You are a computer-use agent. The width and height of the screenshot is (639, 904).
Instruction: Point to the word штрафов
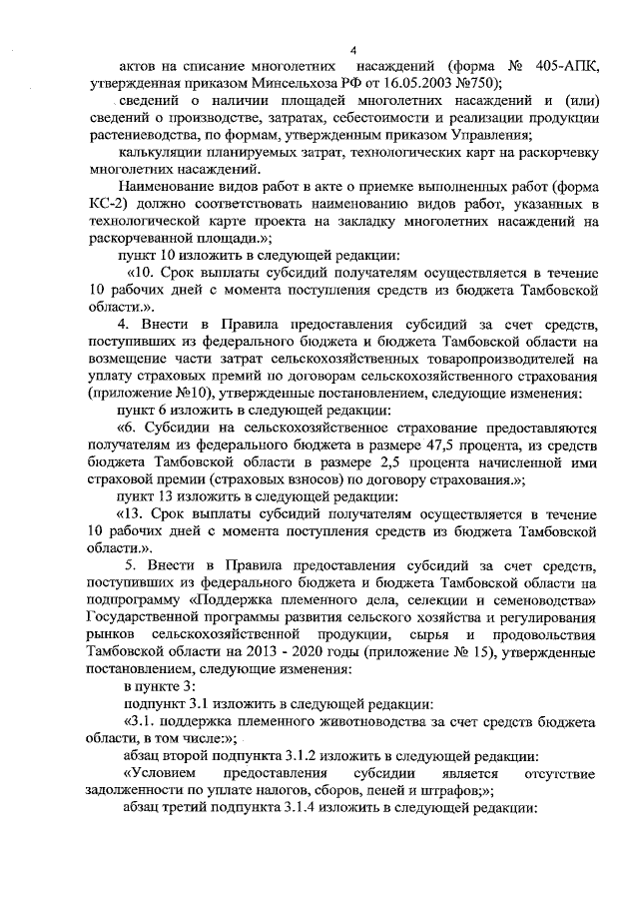pyautogui.click(x=439, y=790)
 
